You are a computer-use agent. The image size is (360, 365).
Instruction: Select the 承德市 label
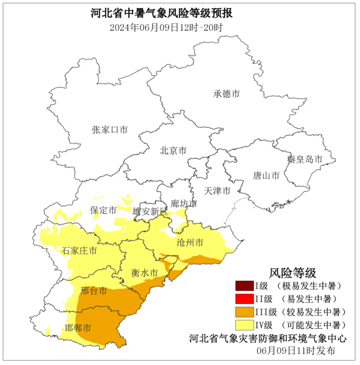coord(226,94)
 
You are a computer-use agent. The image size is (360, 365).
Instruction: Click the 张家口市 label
coord(110,130)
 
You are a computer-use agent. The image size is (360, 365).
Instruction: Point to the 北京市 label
coord(173,151)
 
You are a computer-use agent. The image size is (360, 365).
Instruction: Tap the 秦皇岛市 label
coord(304,159)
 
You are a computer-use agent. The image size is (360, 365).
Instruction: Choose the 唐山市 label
coord(266,175)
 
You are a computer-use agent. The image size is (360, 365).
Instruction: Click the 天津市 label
coord(217,191)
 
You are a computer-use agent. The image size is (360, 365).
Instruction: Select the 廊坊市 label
coord(184,203)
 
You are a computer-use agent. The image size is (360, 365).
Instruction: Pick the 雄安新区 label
coord(149,211)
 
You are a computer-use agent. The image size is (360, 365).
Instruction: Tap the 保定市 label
coord(103,210)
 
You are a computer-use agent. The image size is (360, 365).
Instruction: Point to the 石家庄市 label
coord(79,251)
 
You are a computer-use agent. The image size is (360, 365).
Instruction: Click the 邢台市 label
coord(94,291)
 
